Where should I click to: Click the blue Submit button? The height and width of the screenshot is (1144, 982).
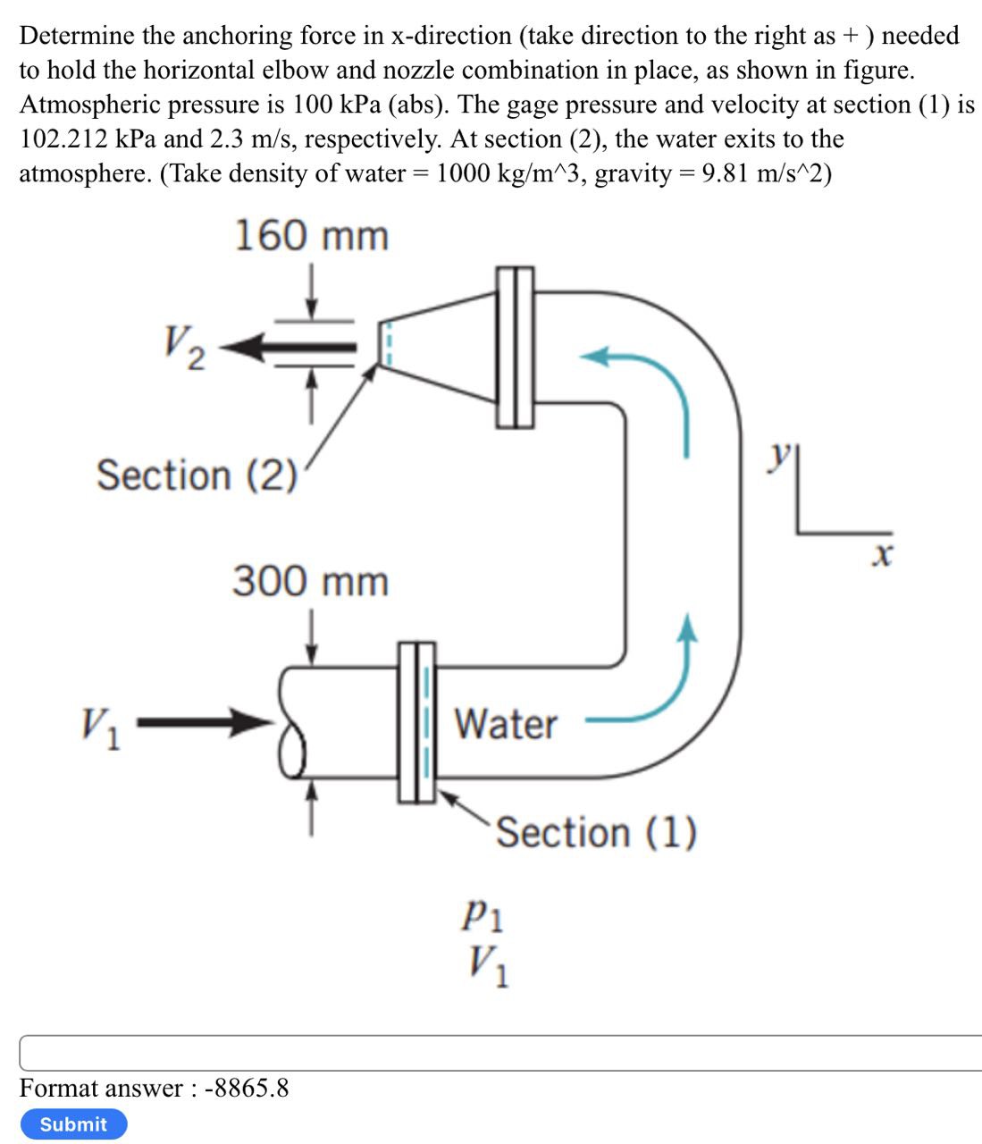[x=73, y=1123]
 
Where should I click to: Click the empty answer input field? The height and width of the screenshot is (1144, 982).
[x=500, y=1053]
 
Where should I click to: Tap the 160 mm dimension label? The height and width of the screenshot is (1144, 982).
[x=311, y=236]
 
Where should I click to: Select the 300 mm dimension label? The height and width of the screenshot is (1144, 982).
[x=311, y=581]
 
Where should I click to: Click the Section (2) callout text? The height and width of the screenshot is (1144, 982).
[x=197, y=475]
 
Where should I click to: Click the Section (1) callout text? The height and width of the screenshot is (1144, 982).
[x=596, y=833]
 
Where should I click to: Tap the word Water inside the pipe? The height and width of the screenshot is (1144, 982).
[x=506, y=723]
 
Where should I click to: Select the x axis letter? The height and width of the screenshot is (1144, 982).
[x=881, y=557]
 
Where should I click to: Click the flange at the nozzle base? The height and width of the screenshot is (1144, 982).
[x=515, y=347]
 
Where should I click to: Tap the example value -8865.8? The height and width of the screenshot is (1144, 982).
[x=247, y=1088]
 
